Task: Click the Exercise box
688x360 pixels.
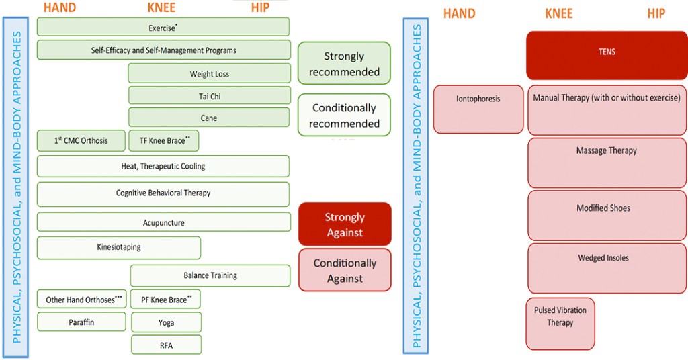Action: [x=163, y=27]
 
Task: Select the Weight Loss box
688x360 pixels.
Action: [x=209, y=74]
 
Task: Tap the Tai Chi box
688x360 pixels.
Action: [x=209, y=96]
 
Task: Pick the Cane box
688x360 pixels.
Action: [x=209, y=118]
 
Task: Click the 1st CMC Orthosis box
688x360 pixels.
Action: [x=81, y=141]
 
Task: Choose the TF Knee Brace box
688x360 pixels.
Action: [x=163, y=141]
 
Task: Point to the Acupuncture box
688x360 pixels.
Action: [x=163, y=222]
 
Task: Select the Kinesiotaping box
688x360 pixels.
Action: [x=119, y=247]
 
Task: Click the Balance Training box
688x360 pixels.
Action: [x=210, y=275]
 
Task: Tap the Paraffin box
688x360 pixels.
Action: [x=81, y=322]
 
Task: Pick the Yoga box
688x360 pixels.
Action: [x=166, y=322]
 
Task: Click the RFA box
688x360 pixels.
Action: [x=166, y=345]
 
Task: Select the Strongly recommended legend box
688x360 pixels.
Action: [x=344, y=64]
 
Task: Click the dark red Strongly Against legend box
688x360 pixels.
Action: [x=345, y=224]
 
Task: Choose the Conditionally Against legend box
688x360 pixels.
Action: [x=345, y=270]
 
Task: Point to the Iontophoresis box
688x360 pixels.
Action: [x=478, y=109]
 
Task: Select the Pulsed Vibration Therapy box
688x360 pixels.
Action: [x=560, y=323]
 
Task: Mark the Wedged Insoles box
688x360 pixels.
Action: [x=607, y=269]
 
